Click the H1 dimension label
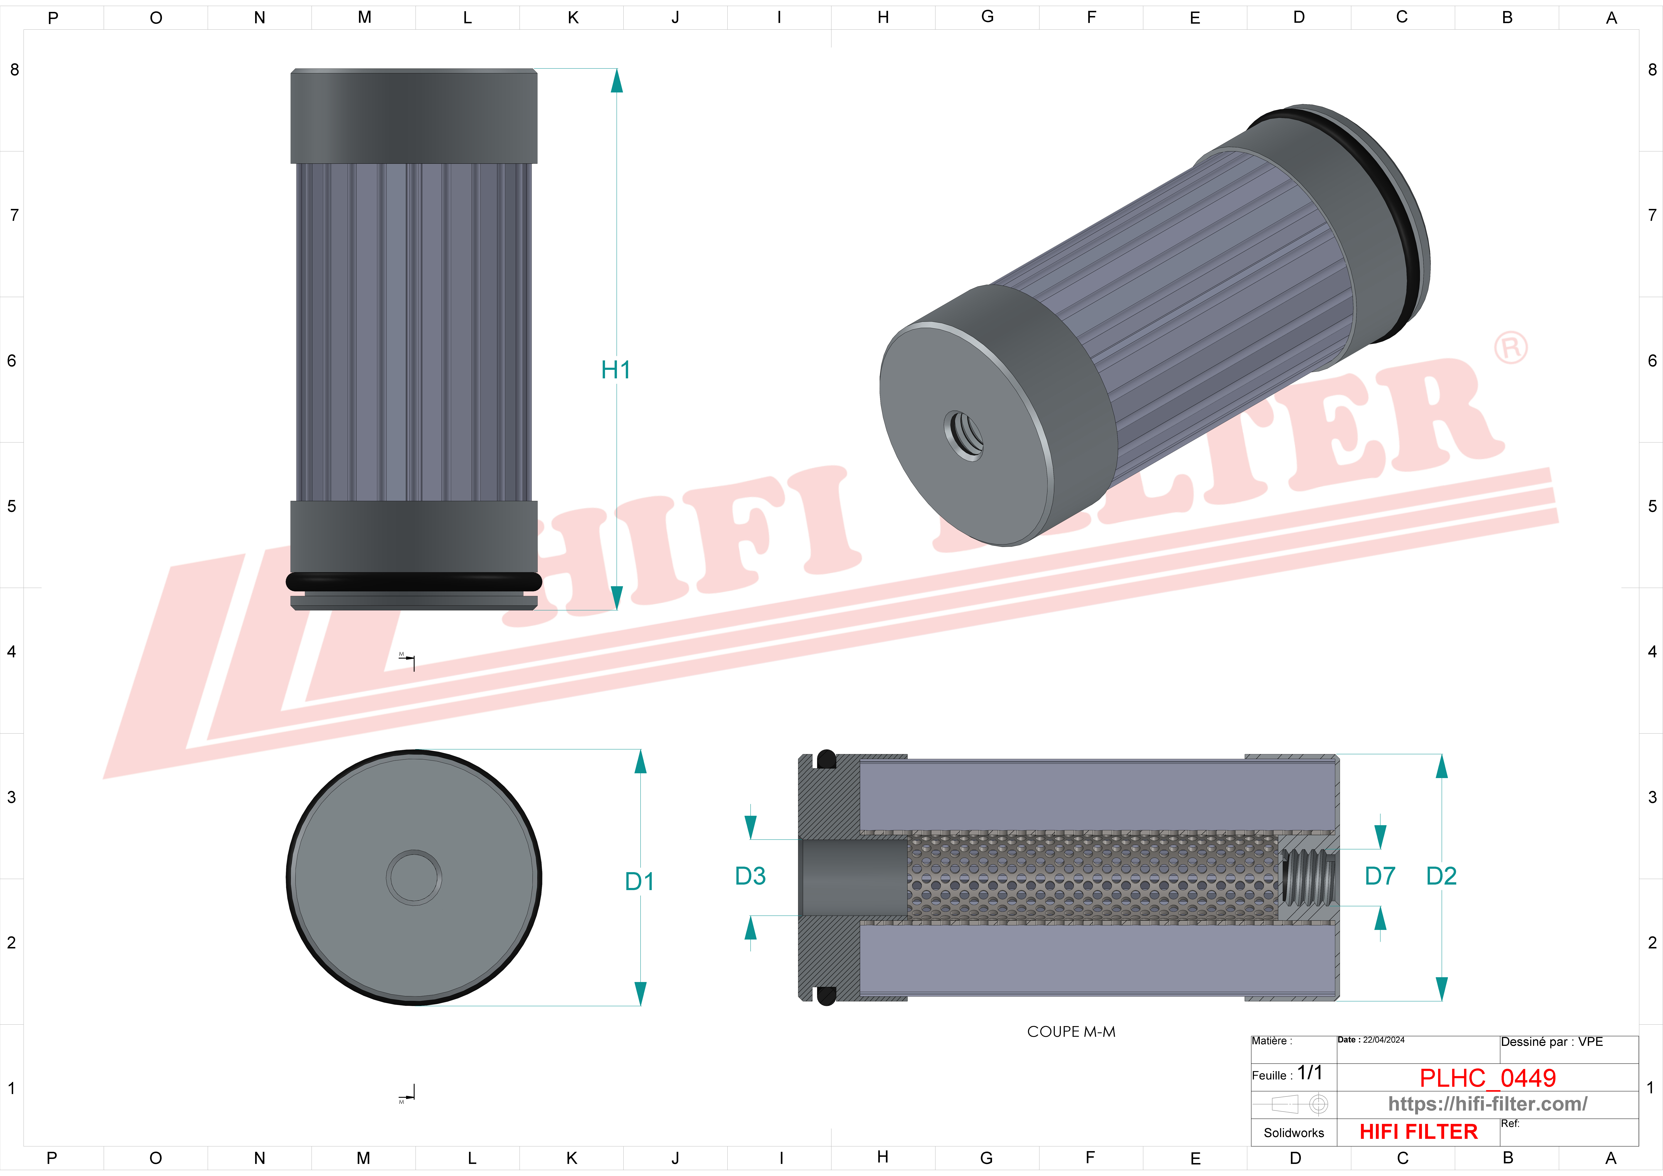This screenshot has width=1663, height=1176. (x=616, y=370)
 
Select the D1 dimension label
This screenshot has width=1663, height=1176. (x=639, y=882)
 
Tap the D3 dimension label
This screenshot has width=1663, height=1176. (x=750, y=876)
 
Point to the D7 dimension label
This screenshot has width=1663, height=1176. (x=1380, y=876)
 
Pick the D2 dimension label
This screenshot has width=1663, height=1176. (x=1441, y=876)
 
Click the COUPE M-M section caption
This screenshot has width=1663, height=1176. (x=1071, y=1032)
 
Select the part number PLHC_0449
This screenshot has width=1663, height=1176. (x=1488, y=1078)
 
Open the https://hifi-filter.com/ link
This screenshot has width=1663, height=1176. (x=1488, y=1104)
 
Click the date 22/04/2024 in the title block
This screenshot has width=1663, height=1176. (x=1383, y=1040)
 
